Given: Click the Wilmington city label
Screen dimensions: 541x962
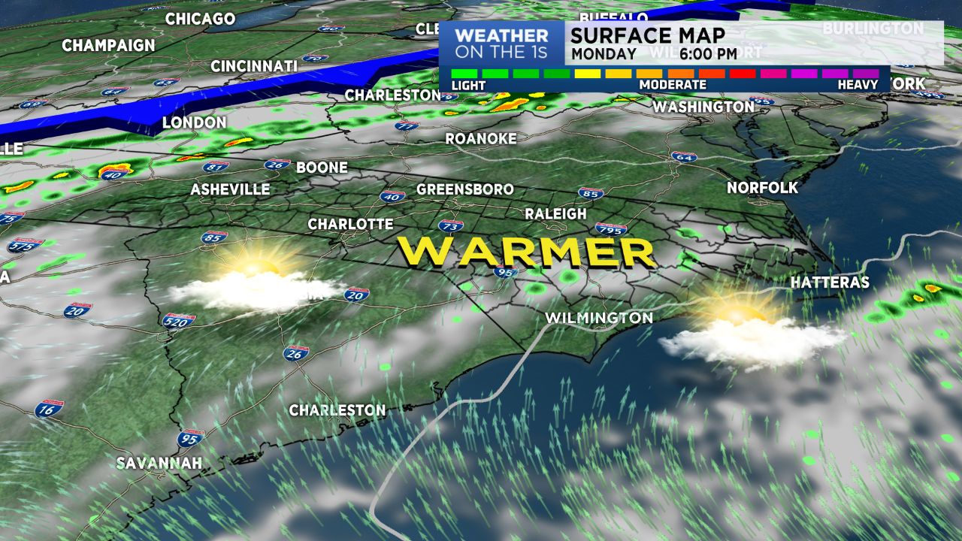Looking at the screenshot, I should (x=599, y=318).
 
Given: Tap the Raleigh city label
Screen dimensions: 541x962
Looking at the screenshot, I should (x=555, y=214).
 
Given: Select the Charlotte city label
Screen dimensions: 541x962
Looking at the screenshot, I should (x=350, y=224).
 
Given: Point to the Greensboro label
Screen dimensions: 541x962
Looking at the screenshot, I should (x=465, y=189).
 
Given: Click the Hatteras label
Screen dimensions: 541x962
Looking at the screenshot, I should (x=830, y=283).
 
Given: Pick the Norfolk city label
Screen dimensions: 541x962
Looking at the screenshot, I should (x=762, y=188).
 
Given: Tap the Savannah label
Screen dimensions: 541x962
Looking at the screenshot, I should (x=159, y=463).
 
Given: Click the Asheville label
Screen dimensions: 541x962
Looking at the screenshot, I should (x=230, y=189).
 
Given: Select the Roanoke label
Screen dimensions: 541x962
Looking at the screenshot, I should (x=481, y=138).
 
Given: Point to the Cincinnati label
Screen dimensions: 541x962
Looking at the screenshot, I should (x=254, y=66).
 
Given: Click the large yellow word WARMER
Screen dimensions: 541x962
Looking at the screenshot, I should (x=526, y=252).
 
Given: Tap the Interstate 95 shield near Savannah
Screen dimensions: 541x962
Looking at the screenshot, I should (x=191, y=438).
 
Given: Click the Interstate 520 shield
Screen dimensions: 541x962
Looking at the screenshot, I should (x=179, y=320).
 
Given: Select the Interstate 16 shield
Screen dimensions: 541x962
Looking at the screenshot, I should (x=49, y=409).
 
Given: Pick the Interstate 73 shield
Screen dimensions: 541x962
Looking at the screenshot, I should (x=450, y=225).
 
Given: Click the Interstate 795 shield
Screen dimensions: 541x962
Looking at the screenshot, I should (x=610, y=228).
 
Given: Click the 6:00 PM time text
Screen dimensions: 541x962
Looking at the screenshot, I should (x=709, y=54).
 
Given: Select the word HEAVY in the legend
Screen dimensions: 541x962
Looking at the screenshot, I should (x=858, y=85).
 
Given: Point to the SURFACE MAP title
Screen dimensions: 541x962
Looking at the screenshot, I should (x=648, y=35).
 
